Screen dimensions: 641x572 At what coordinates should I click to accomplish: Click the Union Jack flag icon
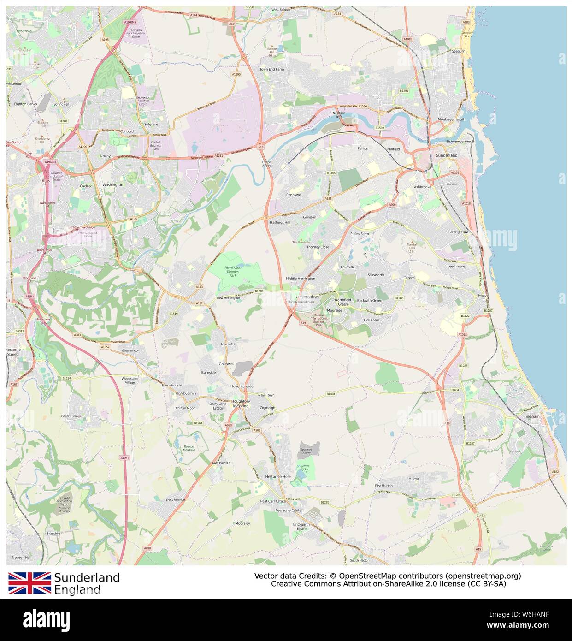coord(29,583)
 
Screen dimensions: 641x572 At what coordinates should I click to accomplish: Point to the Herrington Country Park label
coord(233,271)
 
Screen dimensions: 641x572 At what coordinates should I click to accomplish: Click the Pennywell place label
coord(294,195)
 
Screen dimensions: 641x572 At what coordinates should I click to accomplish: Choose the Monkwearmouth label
coord(452,119)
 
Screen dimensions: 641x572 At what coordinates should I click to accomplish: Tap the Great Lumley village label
coord(71,416)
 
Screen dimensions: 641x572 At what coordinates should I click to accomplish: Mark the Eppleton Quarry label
coord(306,451)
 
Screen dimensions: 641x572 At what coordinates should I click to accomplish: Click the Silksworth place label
coord(376,275)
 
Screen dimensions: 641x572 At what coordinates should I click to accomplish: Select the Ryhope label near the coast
coord(483,296)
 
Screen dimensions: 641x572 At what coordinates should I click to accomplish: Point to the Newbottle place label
coord(229,344)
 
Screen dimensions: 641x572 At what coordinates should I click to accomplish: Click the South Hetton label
coord(360,560)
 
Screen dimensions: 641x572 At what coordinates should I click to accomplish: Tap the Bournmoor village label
coord(131,350)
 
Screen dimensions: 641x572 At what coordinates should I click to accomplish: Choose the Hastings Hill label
coord(280,222)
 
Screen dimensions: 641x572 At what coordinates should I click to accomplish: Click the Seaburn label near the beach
coord(459,51)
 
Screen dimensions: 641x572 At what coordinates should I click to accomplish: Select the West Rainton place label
coord(175,499)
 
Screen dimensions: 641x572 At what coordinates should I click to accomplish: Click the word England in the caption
coord(77,589)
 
